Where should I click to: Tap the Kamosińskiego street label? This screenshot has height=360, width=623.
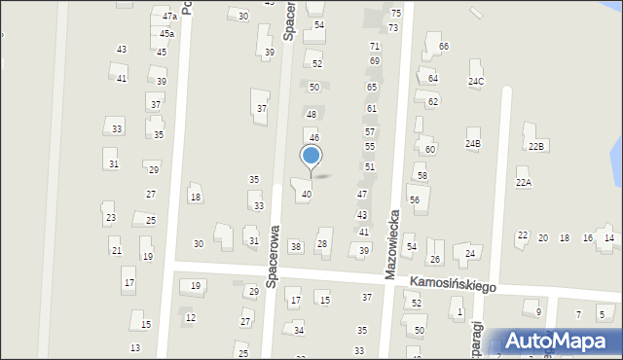click(x=453, y=284)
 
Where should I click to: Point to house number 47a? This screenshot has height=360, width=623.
click(x=169, y=17)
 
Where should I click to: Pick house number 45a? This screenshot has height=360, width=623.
click(x=167, y=34)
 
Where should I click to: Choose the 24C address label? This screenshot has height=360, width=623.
click(x=475, y=81)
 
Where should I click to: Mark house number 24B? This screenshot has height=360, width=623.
click(x=472, y=144)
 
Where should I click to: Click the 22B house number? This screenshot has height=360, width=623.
click(x=535, y=146)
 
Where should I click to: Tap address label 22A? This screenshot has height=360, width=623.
click(x=524, y=183)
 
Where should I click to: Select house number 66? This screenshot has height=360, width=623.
click(x=444, y=47)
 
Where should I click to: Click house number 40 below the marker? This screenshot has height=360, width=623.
click(x=307, y=195)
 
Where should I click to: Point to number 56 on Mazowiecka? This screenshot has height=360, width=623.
click(x=414, y=199)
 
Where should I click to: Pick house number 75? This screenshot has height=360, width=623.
click(x=395, y=13)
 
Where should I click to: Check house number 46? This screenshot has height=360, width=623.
click(x=314, y=138)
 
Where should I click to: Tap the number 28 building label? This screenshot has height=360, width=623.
click(x=322, y=243)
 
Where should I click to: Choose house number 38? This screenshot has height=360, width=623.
click(x=296, y=247)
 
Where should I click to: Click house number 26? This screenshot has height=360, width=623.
click(x=435, y=259)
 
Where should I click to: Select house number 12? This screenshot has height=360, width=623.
click(x=191, y=318)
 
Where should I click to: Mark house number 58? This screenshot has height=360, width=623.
click(x=422, y=176)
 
